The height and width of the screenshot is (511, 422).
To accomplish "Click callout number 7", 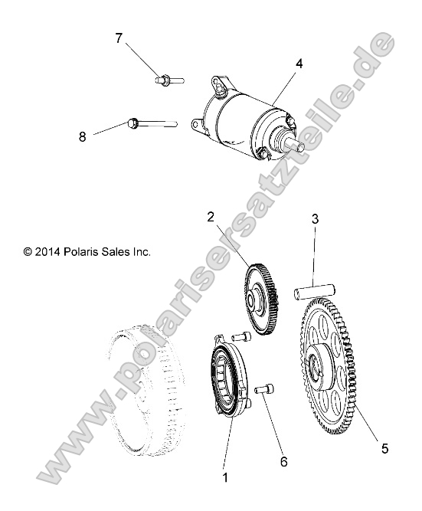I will pos(119,38).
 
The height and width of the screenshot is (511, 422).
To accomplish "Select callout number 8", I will pos(82,137).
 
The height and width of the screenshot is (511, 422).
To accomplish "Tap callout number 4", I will pos(299,64).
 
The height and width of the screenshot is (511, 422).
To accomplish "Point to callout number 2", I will pos(209,217).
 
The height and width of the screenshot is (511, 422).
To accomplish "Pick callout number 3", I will pos(315,220).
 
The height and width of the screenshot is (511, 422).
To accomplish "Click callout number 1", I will pos(225,477).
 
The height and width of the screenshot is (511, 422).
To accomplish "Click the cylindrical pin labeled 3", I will pos(314,293).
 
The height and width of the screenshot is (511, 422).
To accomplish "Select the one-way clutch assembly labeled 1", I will pos(227,375).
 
